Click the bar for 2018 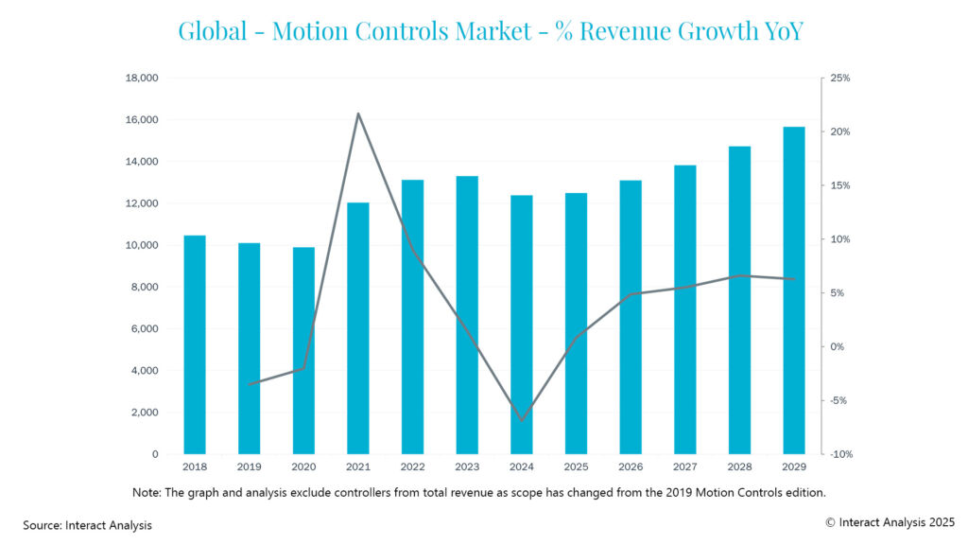[x=195, y=345]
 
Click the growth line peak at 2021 [x=358, y=114]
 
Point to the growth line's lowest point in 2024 [x=522, y=420]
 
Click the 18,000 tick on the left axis [x=142, y=78]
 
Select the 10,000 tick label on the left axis [x=142, y=245]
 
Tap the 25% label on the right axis [x=839, y=78]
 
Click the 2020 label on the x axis [x=303, y=468]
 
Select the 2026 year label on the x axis [x=631, y=468]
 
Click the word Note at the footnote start [x=146, y=492]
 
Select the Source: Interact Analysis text [x=87, y=524]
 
